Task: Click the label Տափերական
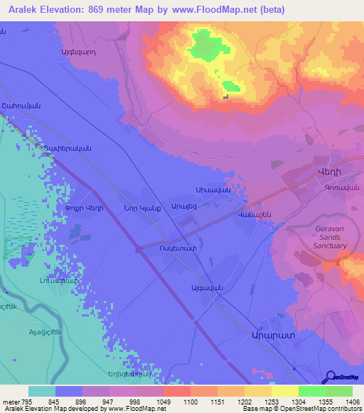click(68, 148)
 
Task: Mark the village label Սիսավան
click(212, 190)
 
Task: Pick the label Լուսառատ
click(53, 282)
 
